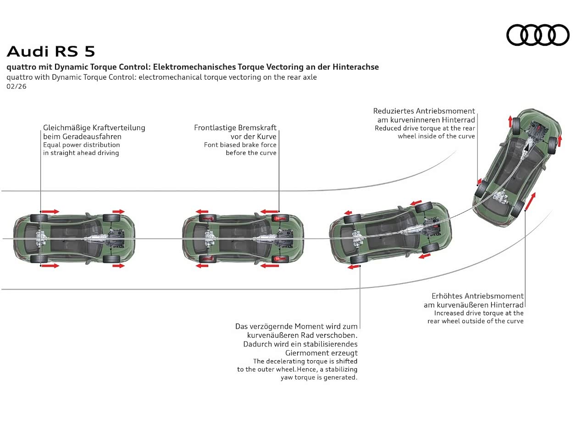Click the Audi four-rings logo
click(x=537, y=35)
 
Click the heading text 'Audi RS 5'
click(x=51, y=51)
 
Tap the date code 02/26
click(x=17, y=86)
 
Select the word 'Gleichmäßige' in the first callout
click(x=67, y=128)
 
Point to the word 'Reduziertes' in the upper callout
click(x=393, y=111)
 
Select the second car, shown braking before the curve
click(x=243, y=238)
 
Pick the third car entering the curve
click(x=390, y=234)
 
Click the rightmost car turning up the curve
click(x=517, y=167)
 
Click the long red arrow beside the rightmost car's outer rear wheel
click(x=530, y=202)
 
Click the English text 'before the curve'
click(x=251, y=153)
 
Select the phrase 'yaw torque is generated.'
click(x=319, y=378)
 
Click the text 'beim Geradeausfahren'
click(x=82, y=137)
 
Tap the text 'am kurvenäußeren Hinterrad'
click(x=473, y=305)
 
